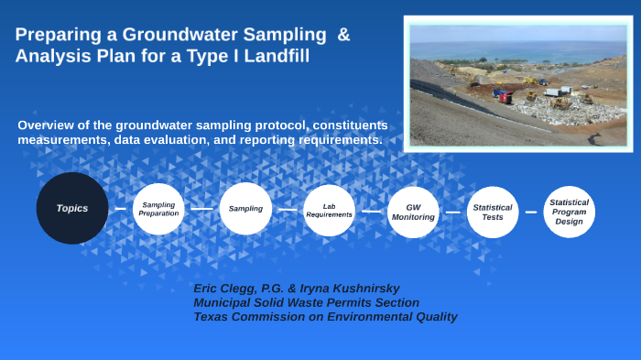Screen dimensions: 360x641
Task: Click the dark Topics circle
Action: (x=72, y=208)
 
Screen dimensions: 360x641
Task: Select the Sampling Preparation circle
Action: (x=158, y=209)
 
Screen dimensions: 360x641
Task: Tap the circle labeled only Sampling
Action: (x=245, y=209)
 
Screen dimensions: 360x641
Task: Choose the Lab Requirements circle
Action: (x=330, y=210)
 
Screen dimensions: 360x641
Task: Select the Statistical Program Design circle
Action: (x=569, y=211)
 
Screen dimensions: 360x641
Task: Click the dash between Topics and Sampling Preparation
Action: (x=120, y=209)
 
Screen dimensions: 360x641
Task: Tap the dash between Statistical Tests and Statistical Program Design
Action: (x=530, y=213)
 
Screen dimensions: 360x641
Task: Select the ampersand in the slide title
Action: (x=343, y=36)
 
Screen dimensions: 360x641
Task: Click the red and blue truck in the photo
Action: (x=503, y=93)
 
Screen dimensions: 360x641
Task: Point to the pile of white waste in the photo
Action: (x=549, y=107)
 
